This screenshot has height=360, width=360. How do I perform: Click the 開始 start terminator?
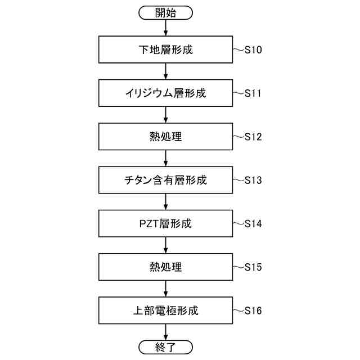(x=165, y=12)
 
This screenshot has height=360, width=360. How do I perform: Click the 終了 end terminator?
(x=165, y=346)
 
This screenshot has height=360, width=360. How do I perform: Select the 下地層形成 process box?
(x=165, y=49)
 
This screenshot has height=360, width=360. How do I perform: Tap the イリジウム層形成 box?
(x=165, y=93)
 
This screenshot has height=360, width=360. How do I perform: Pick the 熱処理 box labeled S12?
(x=165, y=136)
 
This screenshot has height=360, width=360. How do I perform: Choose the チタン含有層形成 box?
(x=165, y=180)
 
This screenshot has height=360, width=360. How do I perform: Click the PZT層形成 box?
(x=165, y=223)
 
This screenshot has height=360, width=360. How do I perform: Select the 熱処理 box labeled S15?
(x=165, y=267)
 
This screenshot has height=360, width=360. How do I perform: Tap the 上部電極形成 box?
(x=165, y=310)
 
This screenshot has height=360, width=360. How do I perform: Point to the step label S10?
(x=253, y=50)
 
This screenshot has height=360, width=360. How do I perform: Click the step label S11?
(x=253, y=93)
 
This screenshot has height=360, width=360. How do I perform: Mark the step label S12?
(x=253, y=137)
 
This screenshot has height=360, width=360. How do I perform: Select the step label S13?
(x=253, y=181)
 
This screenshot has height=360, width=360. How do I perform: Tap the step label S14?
(x=253, y=224)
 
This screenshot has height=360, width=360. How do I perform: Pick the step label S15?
(x=253, y=267)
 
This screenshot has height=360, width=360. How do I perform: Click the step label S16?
(x=253, y=310)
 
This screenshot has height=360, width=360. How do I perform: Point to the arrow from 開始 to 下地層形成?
(x=165, y=28)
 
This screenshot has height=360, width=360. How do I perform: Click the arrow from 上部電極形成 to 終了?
(x=165, y=332)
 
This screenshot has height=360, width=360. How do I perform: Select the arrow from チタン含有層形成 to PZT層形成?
(x=165, y=201)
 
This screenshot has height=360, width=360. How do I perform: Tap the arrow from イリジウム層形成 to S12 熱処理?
(x=165, y=115)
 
